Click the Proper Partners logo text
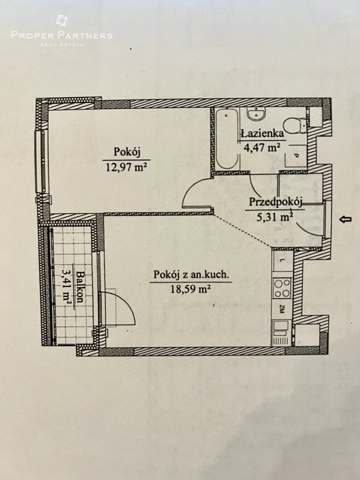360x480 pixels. coord(62,36)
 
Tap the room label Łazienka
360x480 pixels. coord(262,133)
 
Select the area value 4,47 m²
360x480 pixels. coord(262,148)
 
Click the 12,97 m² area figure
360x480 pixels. coord(126,168)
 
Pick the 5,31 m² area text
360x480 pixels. coord(274,217)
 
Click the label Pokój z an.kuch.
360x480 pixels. coord(191,275)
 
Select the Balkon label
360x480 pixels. coord(80,287)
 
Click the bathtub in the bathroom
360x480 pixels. coord(227,139)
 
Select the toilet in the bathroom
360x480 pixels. coord(295,125)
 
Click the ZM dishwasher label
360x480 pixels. coord(282,309)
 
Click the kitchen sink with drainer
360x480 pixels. coord(281,333)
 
